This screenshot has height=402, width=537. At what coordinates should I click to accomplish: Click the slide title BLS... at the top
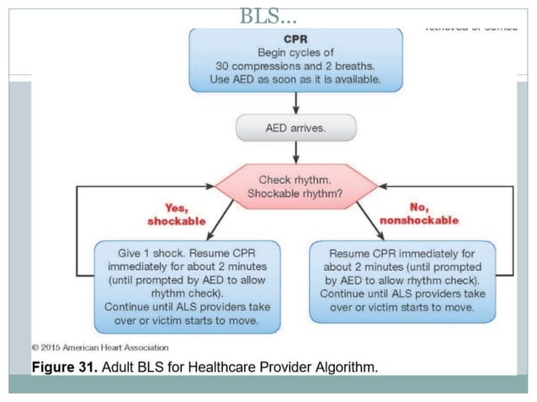click(x=268, y=15)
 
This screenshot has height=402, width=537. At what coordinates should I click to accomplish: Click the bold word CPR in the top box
click(x=295, y=40)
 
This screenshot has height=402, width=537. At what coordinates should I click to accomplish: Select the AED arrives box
click(x=295, y=128)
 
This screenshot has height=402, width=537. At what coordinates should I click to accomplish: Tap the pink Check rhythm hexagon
click(x=295, y=187)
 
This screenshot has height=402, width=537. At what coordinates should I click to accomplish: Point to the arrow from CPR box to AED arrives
click(x=295, y=103)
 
